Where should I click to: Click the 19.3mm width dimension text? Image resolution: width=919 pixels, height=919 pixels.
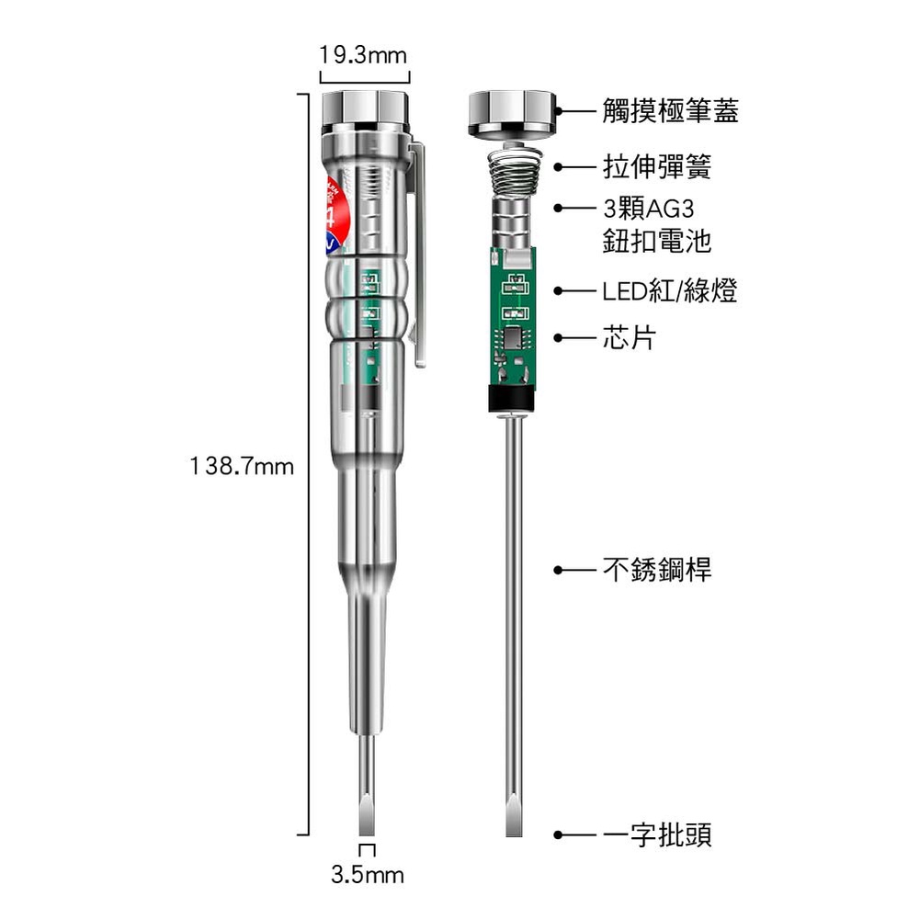(363, 56)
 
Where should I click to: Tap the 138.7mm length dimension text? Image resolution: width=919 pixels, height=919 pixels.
(242, 467)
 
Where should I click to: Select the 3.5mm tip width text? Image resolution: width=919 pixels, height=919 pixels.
(368, 875)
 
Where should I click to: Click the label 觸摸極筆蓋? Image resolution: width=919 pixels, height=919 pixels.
(671, 111)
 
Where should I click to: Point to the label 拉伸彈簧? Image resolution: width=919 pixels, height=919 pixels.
(657, 167)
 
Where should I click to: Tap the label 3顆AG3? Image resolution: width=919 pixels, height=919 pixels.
(649, 209)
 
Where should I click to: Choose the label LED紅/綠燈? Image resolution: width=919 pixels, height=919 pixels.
(670, 291)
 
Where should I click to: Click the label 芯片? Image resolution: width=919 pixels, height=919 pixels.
(630, 338)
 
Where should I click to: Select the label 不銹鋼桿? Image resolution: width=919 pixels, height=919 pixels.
(657, 570)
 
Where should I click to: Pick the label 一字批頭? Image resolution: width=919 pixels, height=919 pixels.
(657, 835)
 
